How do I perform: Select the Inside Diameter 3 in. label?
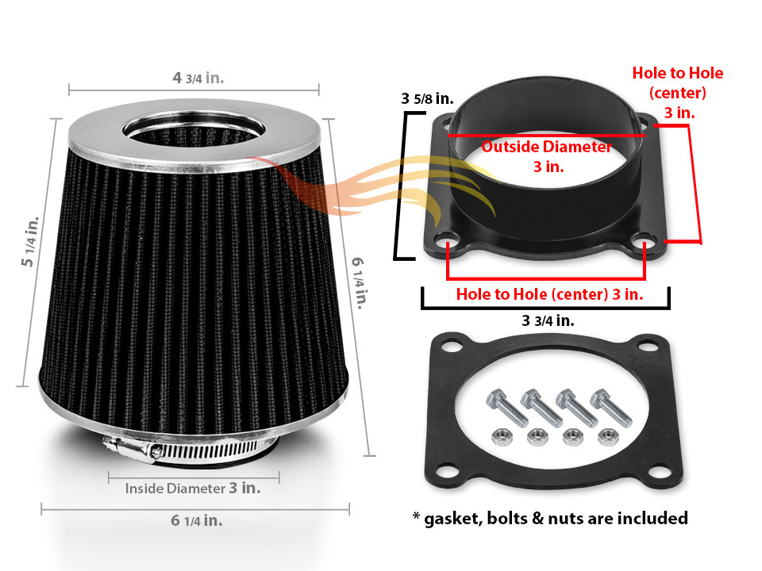(193, 489)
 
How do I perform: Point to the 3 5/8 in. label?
(427, 99)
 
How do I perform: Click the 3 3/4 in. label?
(548, 320)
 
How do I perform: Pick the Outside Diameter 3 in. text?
(547, 156)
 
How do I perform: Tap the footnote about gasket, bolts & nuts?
(549, 518)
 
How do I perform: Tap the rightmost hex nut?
(609, 435)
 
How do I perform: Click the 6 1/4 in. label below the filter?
(196, 521)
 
